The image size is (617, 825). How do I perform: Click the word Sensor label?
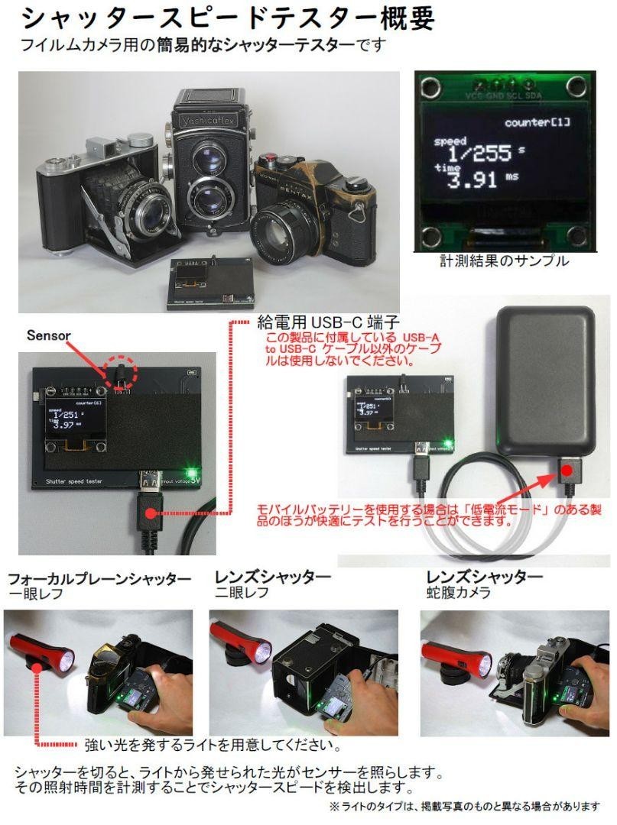coord(49,335)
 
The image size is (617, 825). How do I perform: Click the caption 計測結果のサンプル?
coord(504,261)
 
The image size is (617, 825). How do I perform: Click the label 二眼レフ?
coord(241,592)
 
